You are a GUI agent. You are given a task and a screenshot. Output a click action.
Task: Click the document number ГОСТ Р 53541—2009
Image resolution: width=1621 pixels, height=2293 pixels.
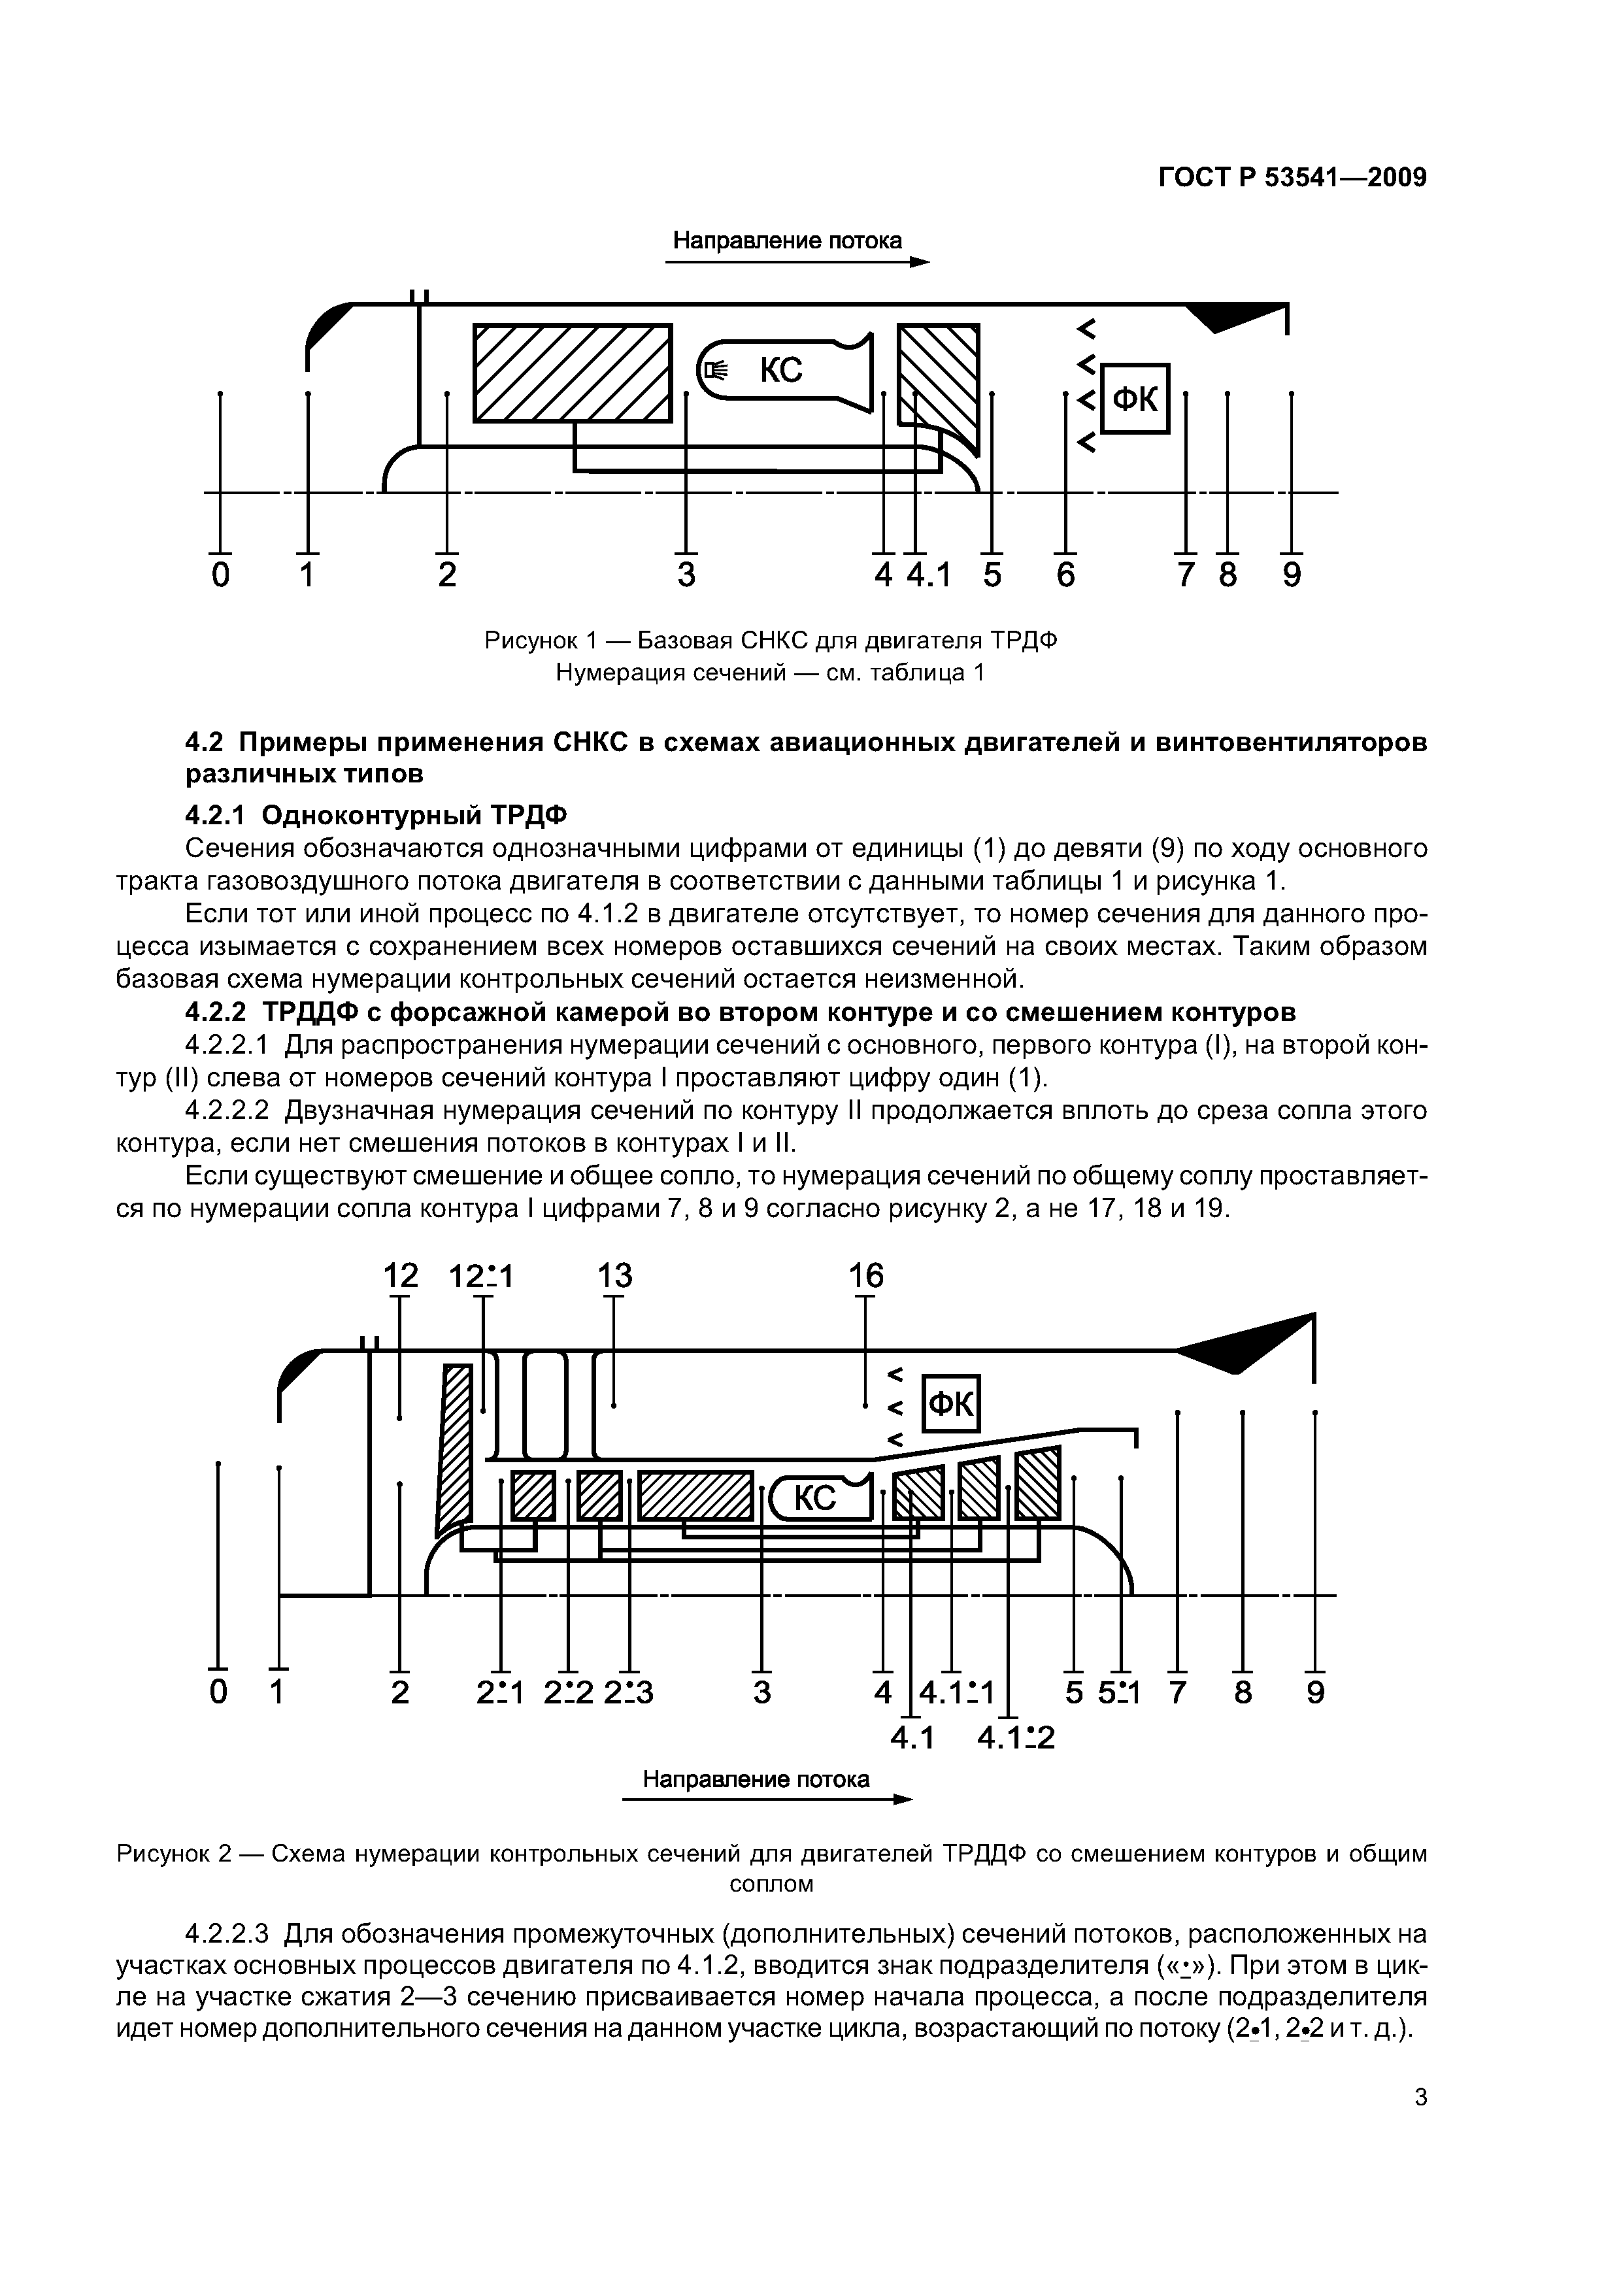coord(1292,178)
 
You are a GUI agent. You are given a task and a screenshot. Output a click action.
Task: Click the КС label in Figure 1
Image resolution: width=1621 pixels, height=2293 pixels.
coord(781,371)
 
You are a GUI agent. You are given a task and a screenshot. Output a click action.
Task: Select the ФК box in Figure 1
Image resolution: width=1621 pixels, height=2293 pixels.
coord(1135,399)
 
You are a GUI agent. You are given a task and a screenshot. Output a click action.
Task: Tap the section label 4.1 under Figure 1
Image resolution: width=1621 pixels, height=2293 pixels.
coord(928,575)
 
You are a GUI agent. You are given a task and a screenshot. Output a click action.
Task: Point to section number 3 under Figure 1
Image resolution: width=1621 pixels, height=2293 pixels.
coord(685,575)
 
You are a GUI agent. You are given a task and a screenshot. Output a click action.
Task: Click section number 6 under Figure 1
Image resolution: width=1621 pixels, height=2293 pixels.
coord(1065,575)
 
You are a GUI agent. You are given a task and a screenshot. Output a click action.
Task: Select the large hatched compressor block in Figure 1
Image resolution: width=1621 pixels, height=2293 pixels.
coord(573,373)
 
